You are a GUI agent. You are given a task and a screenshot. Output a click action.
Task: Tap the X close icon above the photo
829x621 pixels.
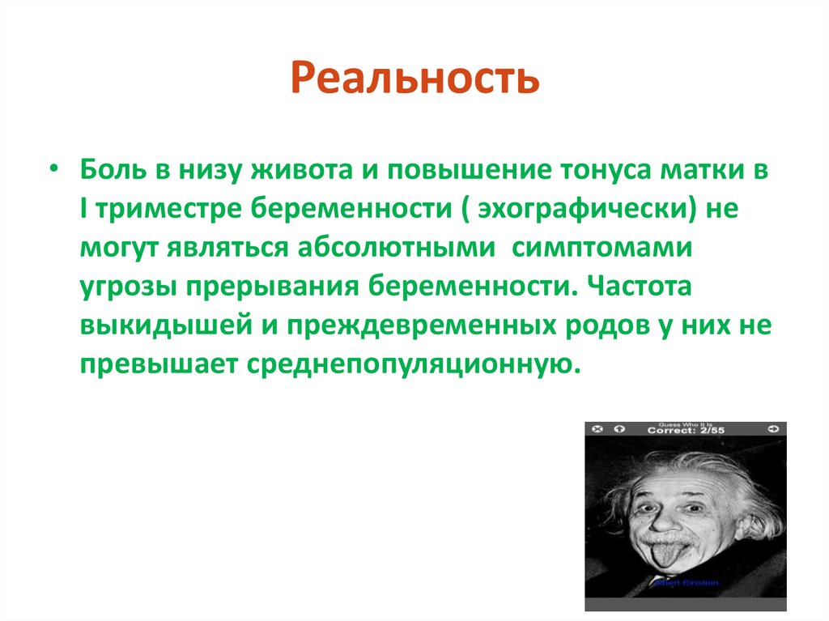tap(597, 428)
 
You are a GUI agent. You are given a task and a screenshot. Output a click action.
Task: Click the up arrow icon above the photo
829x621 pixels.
tap(621, 428)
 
